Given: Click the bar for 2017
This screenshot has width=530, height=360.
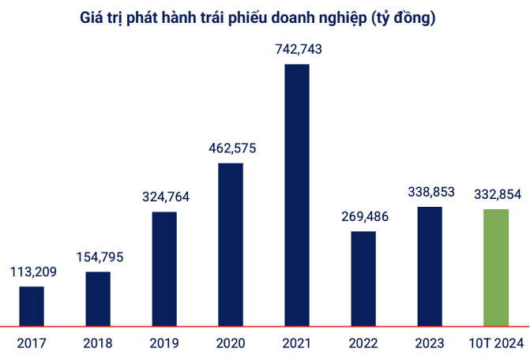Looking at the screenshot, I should tap(32, 306).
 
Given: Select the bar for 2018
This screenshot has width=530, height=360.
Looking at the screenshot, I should tap(98, 298).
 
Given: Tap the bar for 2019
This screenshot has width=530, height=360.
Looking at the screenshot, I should tap(164, 268).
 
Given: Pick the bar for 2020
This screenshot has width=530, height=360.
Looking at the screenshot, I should tap(231, 244).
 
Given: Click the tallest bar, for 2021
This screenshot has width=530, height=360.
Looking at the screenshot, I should tap(297, 194).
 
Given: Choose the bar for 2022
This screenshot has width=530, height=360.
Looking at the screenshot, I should tap(363, 278).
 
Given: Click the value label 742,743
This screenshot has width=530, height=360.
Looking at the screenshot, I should tap(297, 50).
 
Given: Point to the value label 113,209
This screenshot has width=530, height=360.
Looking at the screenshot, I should tap(32, 272).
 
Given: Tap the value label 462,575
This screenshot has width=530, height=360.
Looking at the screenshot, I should tap(231, 148).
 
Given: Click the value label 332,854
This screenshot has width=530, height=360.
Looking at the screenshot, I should tap(496, 193).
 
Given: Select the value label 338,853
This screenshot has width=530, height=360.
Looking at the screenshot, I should tap(430, 192).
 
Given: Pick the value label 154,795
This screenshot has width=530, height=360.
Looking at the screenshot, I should tap(98, 257).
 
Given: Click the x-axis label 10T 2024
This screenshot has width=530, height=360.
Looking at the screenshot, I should tap(496, 343).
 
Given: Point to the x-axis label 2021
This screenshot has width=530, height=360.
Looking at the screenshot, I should tap(297, 343).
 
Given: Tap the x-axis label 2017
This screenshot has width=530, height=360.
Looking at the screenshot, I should tap(32, 343).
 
